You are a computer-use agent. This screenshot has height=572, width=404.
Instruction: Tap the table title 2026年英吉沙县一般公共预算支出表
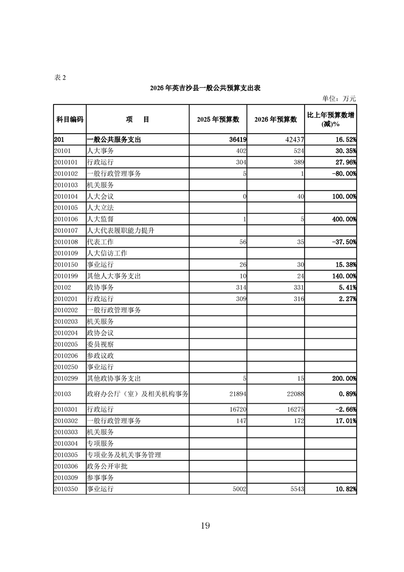click(205, 88)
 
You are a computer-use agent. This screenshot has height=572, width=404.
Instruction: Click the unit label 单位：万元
click(339, 98)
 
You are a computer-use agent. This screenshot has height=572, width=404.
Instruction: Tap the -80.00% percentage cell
click(342, 174)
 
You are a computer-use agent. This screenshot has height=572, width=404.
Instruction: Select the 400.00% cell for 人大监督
click(341, 219)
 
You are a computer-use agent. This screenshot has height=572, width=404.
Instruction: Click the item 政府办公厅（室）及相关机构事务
click(138, 394)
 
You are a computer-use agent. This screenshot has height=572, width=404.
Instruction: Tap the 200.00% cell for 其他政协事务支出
click(341, 378)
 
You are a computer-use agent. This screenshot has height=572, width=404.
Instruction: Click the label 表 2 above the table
click(60, 77)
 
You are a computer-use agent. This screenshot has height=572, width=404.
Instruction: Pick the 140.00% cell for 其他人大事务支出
click(341, 276)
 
